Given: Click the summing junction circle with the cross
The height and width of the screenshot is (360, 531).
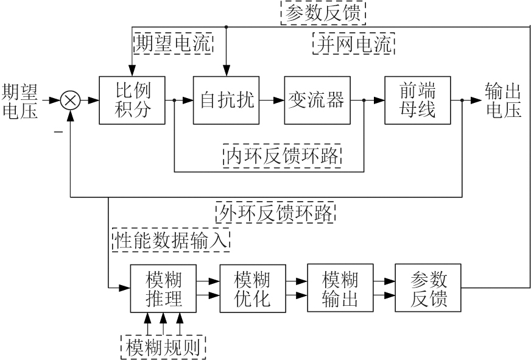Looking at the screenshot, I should coord(71,101).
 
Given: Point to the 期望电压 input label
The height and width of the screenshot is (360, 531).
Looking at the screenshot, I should coord(19,101).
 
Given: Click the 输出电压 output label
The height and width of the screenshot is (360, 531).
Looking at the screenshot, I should coord(503,101).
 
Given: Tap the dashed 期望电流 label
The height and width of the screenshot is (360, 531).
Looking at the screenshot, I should coord(174,44).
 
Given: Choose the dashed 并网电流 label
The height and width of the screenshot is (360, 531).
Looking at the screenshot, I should coord(354,44).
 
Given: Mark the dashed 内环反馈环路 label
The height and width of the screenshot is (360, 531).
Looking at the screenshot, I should coord(283,155).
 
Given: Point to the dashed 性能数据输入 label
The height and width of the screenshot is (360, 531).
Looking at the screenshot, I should coord(171,239).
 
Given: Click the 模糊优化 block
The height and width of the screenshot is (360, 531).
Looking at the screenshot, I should coord(252,289).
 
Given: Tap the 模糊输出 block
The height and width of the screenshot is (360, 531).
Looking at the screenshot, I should coord(340,289).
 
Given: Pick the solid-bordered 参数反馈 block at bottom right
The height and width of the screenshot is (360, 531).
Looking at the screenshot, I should coord(428,289).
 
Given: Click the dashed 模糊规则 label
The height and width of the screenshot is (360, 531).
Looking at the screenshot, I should coord(164,347).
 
